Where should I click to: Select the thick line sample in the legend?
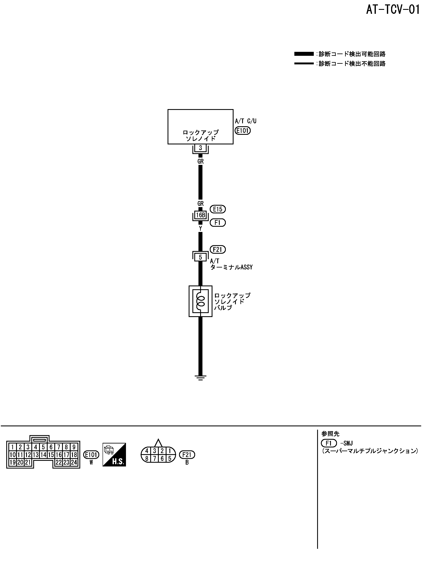pyautogui.click(x=304, y=54)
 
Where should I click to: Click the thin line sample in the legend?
pyautogui.click(x=304, y=63)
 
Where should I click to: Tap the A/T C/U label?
pyautogui.click(x=245, y=121)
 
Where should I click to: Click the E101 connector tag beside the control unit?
pyautogui.click(x=243, y=131)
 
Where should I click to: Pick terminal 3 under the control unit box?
pyautogui.click(x=201, y=148)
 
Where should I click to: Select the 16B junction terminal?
pyautogui.click(x=201, y=215)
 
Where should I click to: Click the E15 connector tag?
pyautogui.click(x=218, y=209)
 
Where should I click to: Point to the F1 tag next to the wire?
pyautogui.click(x=218, y=223)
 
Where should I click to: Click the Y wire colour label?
pyautogui.click(x=201, y=229)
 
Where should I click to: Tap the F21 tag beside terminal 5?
pyautogui.click(x=218, y=249)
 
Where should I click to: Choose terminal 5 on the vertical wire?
pyautogui.click(x=201, y=257)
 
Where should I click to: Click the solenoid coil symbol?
pyautogui.click(x=201, y=301)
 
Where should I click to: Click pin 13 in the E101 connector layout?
pyautogui.click(x=36, y=455)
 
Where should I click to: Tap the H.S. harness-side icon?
pyautogui.click(x=114, y=455)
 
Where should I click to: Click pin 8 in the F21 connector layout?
pyautogui.click(x=147, y=459)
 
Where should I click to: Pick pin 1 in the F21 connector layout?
pyautogui.click(x=170, y=451)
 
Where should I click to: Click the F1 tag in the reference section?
pyautogui.click(x=329, y=443)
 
